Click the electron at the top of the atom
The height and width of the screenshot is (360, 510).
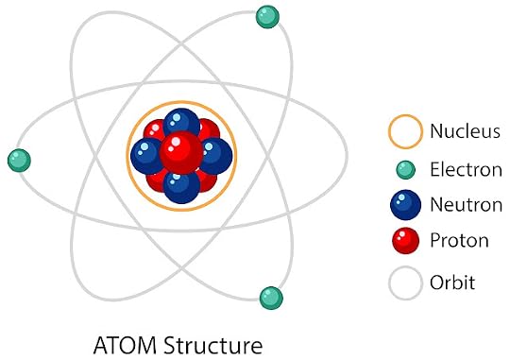(x=267, y=17)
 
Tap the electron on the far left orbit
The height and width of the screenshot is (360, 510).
(x=19, y=160)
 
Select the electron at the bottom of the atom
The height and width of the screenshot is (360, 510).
(x=271, y=298)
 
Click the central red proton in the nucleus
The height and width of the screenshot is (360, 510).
(x=181, y=152)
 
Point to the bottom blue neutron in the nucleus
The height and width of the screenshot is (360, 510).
(x=181, y=187)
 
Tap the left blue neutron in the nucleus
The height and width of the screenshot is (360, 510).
(x=146, y=156)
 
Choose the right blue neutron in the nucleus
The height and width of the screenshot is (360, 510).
(x=216, y=156)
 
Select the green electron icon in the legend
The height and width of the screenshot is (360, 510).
(x=405, y=169)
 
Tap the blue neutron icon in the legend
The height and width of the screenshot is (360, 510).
(x=405, y=205)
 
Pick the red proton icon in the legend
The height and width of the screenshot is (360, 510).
(x=406, y=241)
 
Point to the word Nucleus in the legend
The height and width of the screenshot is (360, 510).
(x=465, y=131)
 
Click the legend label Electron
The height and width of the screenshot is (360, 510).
(x=467, y=169)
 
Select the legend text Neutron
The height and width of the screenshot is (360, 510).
(x=467, y=205)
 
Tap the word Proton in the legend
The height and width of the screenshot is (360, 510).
(x=459, y=241)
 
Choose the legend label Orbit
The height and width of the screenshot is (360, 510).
(x=452, y=282)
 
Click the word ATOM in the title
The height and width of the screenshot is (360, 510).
(x=125, y=345)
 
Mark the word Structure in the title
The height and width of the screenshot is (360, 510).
(x=213, y=345)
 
